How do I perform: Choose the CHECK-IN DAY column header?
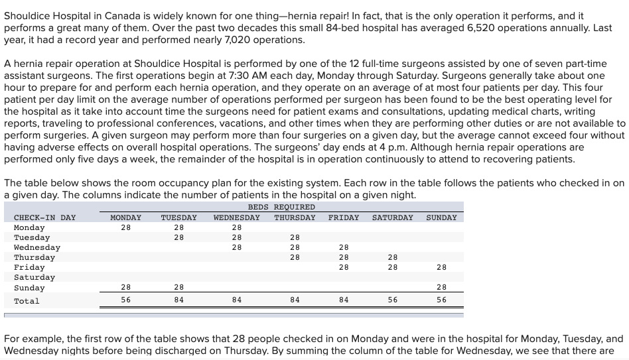coord(44,217)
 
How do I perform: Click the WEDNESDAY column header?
coord(236,217)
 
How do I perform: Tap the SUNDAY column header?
coord(441,217)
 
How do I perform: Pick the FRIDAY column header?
coord(343,217)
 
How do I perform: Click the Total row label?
coord(27,301)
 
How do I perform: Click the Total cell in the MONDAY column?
coord(125,300)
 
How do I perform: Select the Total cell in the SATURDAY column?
coord(392,300)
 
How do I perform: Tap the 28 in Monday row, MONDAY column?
coord(125,227)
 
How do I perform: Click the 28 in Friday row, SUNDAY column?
coord(441,267)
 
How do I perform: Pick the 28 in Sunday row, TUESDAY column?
coord(178,287)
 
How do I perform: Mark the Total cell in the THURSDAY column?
coord(295,300)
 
